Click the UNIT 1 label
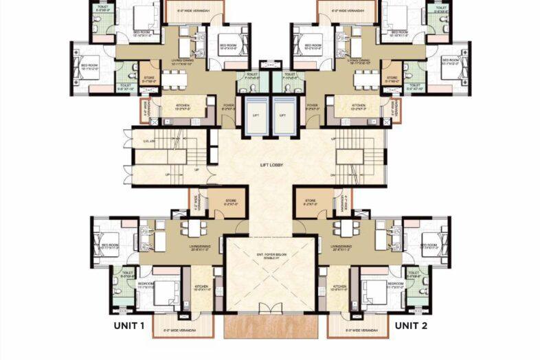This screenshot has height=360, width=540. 128,326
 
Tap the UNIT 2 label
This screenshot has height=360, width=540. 411,326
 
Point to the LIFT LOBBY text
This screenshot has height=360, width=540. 270,166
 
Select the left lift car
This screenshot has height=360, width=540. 256,115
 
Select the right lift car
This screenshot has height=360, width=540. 283,115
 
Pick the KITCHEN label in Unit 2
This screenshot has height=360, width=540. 340,286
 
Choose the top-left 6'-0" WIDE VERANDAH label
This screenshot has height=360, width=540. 195,11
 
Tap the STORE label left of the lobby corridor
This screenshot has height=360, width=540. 231,202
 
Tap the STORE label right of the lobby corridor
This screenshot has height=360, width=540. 311,202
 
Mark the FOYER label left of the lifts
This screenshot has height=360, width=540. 228,106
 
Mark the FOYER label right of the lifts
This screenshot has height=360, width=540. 312,106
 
